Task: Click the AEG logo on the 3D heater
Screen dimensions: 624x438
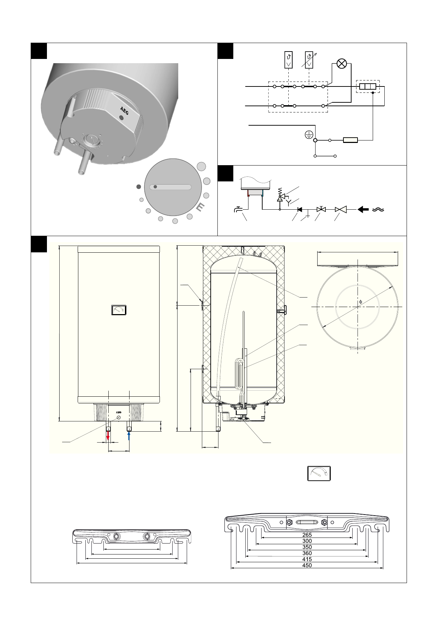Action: pyautogui.click(x=124, y=109)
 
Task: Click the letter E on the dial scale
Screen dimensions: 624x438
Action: pyautogui.click(x=200, y=208)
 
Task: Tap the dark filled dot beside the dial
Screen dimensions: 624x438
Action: pyautogui.click(x=139, y=187)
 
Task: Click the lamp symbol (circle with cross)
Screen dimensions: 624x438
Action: pyautogui.click(x=341, y=64)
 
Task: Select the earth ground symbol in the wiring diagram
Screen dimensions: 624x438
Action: pyautogui.click(x=308, y=134)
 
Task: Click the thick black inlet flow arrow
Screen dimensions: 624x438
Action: pyautogui.click(x=363, y=210)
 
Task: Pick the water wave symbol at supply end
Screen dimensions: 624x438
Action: pyautogui.click(x=378, y=210)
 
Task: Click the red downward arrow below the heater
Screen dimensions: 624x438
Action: pyautogui.click(x=108, y=437)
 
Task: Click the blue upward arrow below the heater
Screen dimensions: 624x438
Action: pyautogui.click(x=129, y=436)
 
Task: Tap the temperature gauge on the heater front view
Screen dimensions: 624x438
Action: pyautogui.click(x=119, y=310)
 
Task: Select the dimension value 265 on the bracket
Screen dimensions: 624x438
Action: pyautogui.click(x=307, y=535)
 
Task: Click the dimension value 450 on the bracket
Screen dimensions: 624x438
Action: pyautogui.click(x=307, y=565)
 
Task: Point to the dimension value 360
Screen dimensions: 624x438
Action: pyautogui.click(x=307, y=553)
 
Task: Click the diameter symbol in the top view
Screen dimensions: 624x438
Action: pyautogui.click(x=360, y=302)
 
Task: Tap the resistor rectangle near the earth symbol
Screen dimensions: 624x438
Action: pyautogui.click(x=350, y=140)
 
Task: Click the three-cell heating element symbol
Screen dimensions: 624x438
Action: pyautogui.click(x=367, y=86)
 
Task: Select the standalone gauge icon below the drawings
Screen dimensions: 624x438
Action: pyautogui.click(x=319, y=473)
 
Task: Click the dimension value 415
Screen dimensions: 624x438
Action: pyautogui.click(x=307, y=559)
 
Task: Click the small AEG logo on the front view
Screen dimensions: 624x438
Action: pyautogui.click(x=119, y=412)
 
